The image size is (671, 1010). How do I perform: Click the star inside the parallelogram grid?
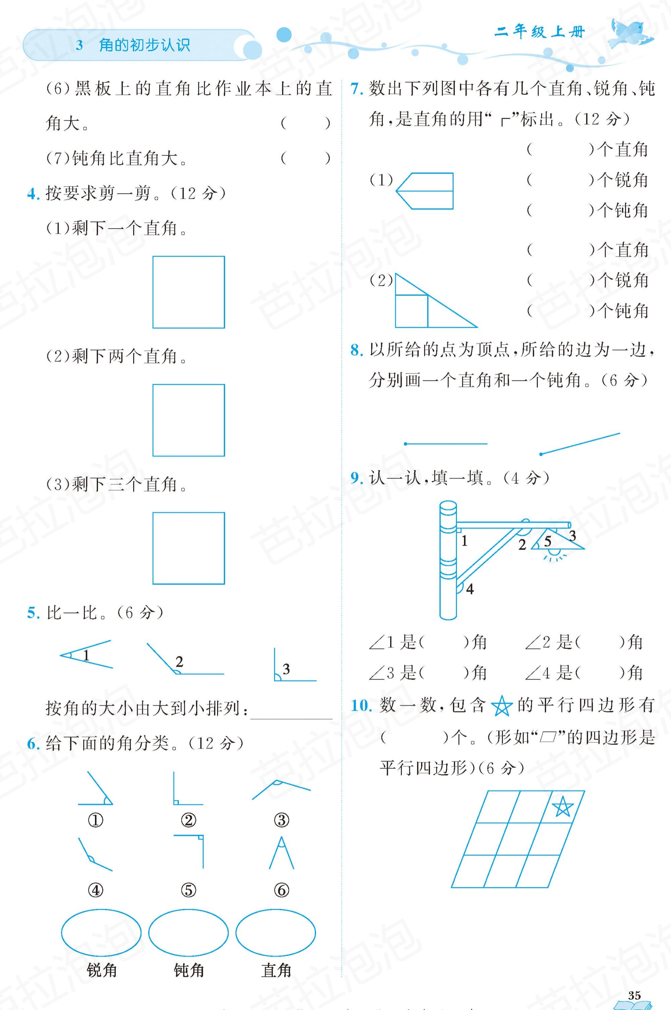coord(562,808)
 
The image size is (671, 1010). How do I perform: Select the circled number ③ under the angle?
coord(281,820)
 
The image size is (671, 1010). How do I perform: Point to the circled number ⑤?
coord(188,890)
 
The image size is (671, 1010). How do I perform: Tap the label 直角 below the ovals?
coord(276,971)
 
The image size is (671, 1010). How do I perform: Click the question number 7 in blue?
coord(356,89)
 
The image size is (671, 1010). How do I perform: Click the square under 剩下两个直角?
coord(188,420)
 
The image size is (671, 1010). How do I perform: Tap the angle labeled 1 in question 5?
coord(86,655)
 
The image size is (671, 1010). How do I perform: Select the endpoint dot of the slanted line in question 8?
coord(541,454)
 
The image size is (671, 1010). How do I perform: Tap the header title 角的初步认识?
coord(144,45)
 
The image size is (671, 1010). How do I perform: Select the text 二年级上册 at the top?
coord(539,32)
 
